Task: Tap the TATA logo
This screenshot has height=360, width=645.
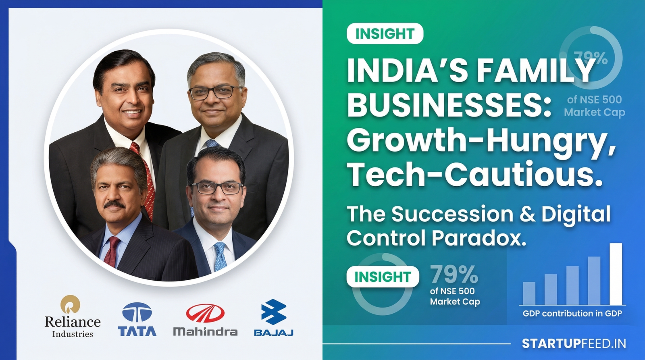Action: (137, 319)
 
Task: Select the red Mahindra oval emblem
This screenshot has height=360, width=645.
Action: (205, 313)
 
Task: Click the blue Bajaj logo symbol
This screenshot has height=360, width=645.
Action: (274, 312)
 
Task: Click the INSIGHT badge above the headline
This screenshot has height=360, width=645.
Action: (385, 33)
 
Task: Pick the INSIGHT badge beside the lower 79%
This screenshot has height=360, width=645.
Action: (383, 277)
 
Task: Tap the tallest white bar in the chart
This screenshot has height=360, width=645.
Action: (616, 274)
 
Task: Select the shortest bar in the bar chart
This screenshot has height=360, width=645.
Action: (529, 293)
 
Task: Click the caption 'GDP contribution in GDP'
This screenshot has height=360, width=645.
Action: (572, 313)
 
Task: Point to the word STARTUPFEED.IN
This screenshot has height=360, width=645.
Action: (574, 343)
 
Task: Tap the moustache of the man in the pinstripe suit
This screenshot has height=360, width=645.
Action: (114, 205)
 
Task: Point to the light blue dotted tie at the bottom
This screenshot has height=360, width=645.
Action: (220, 256)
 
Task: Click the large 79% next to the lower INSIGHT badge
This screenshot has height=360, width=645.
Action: (454, 275)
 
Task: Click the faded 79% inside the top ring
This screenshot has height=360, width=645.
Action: (591, 58)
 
